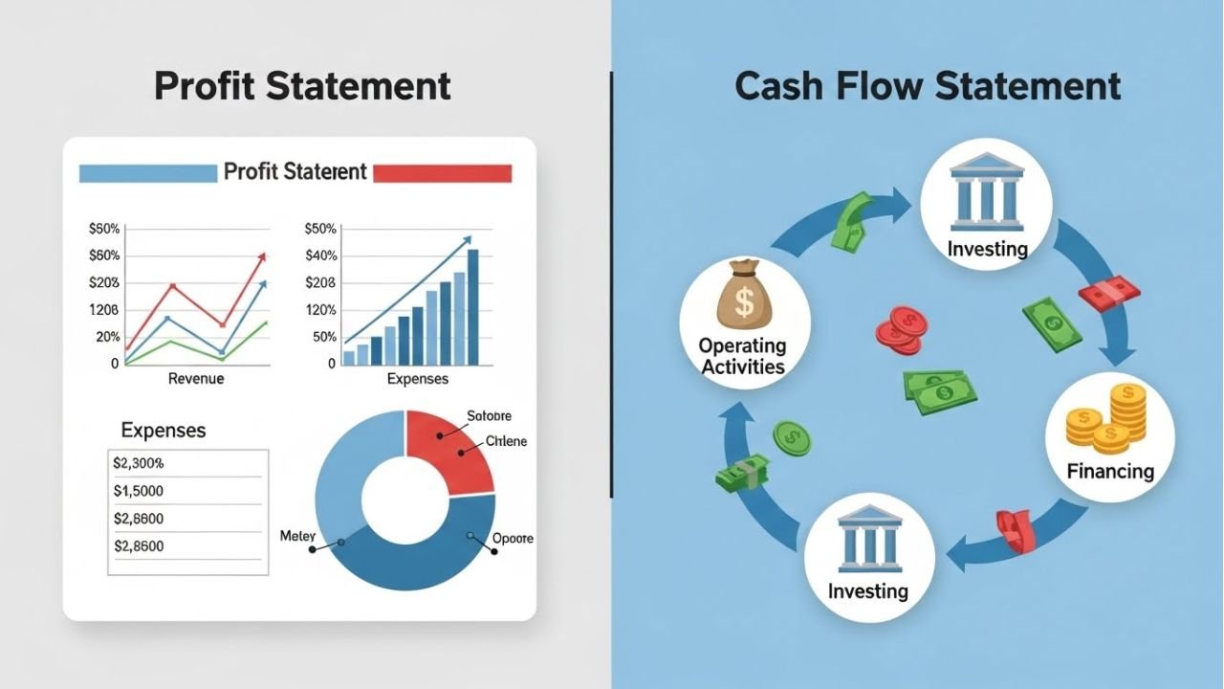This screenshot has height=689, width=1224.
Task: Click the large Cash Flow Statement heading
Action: [x=928, y=86]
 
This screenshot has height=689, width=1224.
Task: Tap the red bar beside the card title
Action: [x=442, y=173]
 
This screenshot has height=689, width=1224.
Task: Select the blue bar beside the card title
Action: [x=147, y=173]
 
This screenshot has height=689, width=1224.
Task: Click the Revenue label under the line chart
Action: [x=196, y=379]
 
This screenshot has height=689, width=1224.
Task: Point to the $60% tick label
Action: [x=104, y=256]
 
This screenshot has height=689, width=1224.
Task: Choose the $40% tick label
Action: [x=320, y=256]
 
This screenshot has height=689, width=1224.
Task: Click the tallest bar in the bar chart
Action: [x=472, y=306]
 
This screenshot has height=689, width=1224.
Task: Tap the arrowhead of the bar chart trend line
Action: [x=467, y=239]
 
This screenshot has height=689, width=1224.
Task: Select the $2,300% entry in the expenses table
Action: [x=139, y=463]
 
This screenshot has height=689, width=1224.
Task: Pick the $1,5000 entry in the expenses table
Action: [x=139, y=491]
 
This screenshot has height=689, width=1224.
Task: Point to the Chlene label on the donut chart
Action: [x=506, y=442]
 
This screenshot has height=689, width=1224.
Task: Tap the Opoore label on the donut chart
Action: [x=513, y=539]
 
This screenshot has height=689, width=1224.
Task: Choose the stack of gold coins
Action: [x=1106, y=418]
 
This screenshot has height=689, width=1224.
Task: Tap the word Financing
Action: [x=1110, y=471]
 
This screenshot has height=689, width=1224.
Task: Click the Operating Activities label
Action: [x=742, y=356]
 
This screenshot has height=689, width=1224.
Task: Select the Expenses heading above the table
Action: [x=164, y=431]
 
